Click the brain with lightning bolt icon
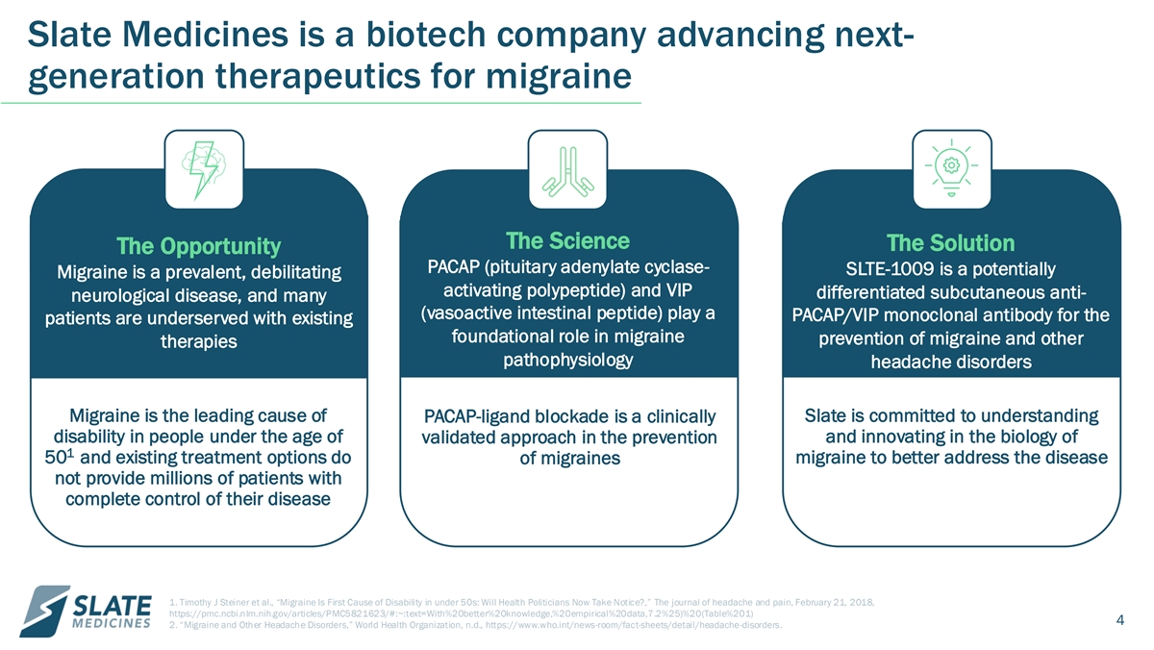[x=204, y=170]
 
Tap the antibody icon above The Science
[x=567, y=171]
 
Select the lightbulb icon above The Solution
[x=951, y=168]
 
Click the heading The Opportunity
[x=199, y=246]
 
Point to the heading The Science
[x=567, y=240]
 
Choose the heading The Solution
[x=950, y=243]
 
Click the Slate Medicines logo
[x=86, y=612]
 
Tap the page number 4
[x=1120, y=619]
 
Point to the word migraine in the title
[x=559, y=77]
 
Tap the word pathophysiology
[x=567, y=360]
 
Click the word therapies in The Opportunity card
[x=199, y=341]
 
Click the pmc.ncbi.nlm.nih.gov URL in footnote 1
[x=461, y=614]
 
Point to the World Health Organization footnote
[x=475, y=625]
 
